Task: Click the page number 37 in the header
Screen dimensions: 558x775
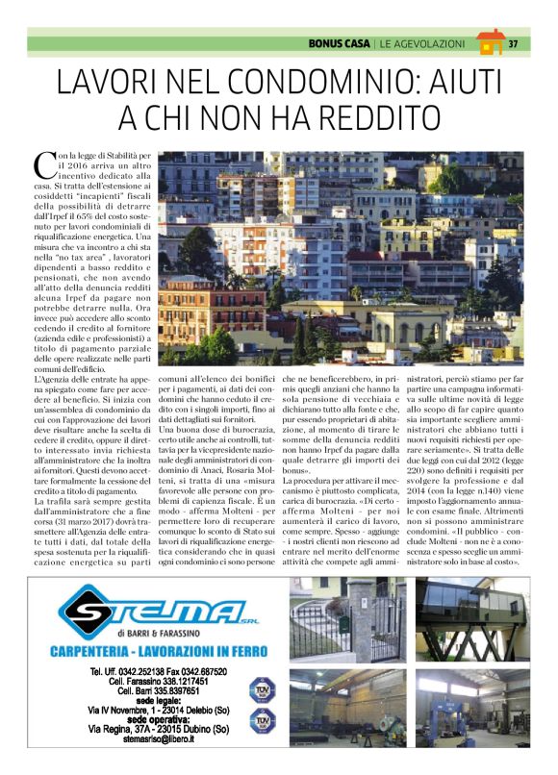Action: tap(513, 44)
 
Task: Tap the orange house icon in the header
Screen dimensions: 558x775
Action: tap(490, 42)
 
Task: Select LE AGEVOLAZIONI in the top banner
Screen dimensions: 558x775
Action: tap(422, 44)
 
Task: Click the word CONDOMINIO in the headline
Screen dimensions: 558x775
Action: tap(338, 83)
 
